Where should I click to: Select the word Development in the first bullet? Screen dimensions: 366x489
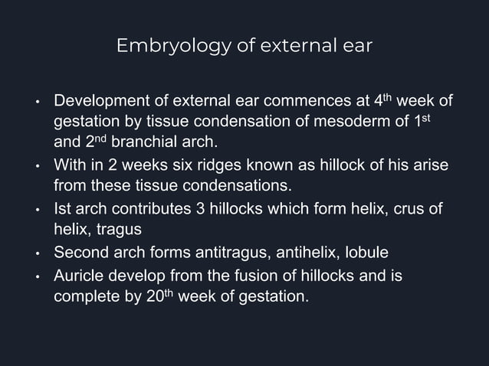(x=97, y=101)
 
